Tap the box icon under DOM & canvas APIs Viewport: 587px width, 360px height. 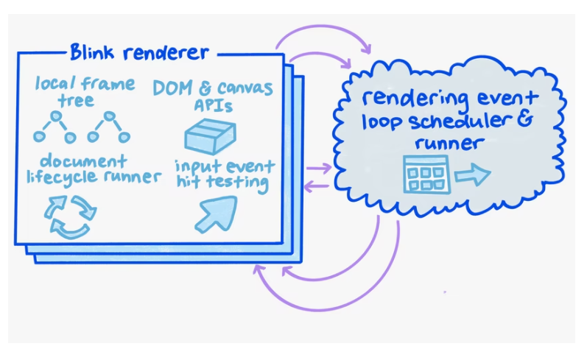pos(210,135)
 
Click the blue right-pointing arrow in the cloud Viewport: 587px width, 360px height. pos(471,175)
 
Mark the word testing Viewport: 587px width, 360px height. pos(234,181)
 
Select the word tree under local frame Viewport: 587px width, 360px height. pos(80,101)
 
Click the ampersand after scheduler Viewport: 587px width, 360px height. pos(522,120)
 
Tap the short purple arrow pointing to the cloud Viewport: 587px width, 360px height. pos(318,169)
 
